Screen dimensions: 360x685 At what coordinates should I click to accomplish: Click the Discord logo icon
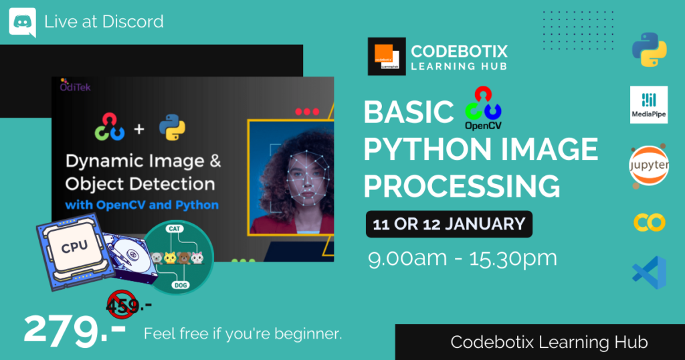point(22,22)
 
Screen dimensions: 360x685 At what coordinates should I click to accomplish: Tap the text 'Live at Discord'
point(104,21)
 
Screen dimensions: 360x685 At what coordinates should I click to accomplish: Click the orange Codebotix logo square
point(387,56)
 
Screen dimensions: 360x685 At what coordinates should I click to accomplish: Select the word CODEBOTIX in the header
point(459,52)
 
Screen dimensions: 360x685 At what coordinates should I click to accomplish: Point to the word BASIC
point(408,112)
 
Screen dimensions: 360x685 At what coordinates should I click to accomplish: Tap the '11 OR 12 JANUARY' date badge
point(449,224)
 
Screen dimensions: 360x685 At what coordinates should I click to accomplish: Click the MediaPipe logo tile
point(649,105)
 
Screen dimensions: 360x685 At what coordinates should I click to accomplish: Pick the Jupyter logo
point(649,165)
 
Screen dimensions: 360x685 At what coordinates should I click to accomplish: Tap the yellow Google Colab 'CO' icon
point(649,222)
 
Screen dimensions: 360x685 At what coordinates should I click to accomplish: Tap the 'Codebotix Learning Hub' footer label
point(549,342)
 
